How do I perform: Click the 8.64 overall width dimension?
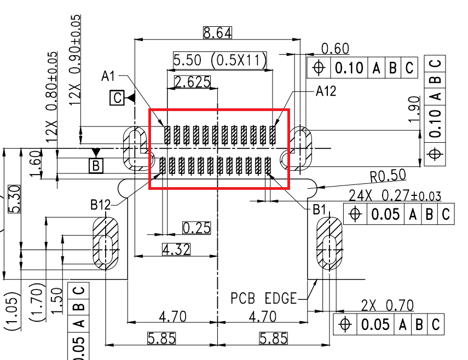click(x=217, y=33)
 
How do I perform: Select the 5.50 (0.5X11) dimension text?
click(x=219, y=60)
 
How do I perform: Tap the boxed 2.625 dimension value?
click(x=192, y=82)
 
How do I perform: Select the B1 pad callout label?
click(x=320, y=209)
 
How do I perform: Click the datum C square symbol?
click(x=117, y=98)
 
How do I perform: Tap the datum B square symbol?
click(x=96, y=165)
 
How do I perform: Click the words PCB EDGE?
click(x=263, y=299)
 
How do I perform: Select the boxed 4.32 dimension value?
click(x=176, y=250)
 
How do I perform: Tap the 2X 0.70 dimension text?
click(x=388, y=305)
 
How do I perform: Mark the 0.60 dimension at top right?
click(x=335, y=49)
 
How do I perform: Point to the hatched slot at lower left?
click(x=105, y=243)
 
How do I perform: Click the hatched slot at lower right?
click(x=329, y=243)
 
